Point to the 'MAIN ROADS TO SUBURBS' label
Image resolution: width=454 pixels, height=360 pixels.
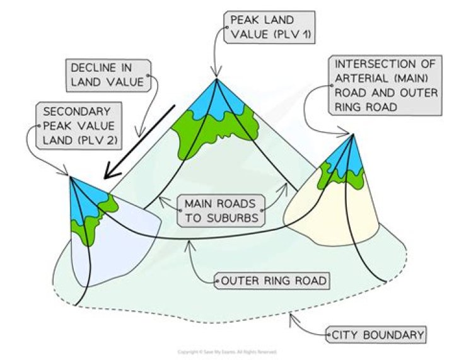(x=221, y=211)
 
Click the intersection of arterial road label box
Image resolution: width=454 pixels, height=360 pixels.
(x=377, y=84)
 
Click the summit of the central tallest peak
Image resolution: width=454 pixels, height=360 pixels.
(x=216, y=78)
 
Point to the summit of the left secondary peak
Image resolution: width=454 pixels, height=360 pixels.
(x=70, y=177)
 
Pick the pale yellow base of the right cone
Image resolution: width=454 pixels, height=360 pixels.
(x=322, y=214)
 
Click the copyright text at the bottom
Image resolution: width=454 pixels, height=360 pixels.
(x=226, y=351)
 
